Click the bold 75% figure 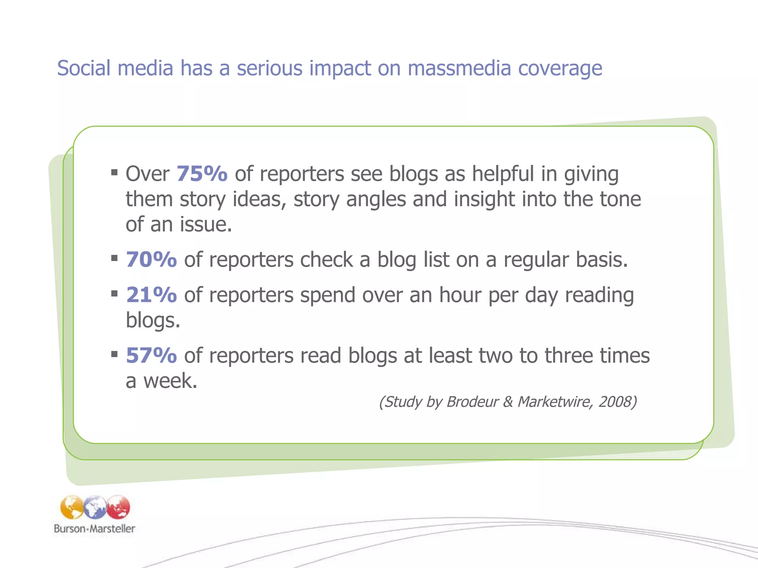click(x=202, y=173)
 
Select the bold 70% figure click(x=151, y=259)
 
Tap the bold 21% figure click(x=151, y=295)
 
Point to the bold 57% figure click(x=151, y=355)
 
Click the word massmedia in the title click(x=459, y=68)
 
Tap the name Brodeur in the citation click(x=473, y=402)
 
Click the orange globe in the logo click(x=72, y=507)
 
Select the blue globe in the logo click(x=95, y=507)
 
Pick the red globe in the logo click(x=118, y=507)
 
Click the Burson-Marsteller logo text click(x=94, y=528)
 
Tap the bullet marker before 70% click(x=114, y=258)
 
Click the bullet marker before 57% click(x=114, y=354)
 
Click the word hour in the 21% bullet click(x=460, y=295)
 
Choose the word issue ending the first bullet click(x=205, y=224)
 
